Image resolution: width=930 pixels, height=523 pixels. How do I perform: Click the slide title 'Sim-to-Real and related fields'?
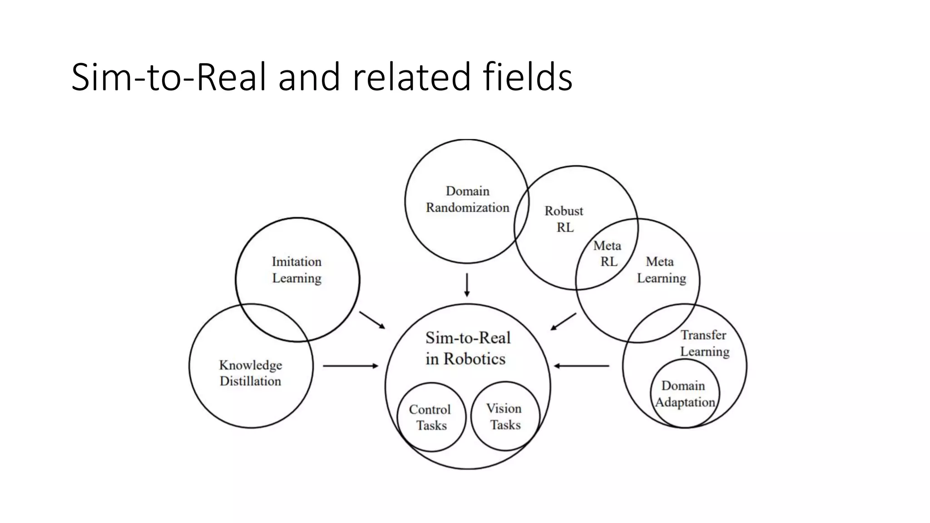click(322, 77)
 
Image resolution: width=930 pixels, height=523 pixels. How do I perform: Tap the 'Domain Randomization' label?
click(467, 199)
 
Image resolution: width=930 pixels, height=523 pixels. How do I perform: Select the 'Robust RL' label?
click(564, 219)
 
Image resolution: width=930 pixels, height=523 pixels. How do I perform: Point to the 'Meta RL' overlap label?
click(608, 253)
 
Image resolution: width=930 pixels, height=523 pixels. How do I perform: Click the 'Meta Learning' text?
click(661, 270)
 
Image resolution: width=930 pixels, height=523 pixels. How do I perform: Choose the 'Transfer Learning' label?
click(704, 343)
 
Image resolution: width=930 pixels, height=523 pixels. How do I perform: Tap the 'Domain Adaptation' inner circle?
click(685, 394)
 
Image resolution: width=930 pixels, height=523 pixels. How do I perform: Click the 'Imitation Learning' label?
click(297, 270)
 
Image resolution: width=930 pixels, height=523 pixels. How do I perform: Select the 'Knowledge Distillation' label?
click(250, 373)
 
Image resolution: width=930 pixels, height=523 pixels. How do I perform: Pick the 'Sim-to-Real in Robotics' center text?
click(467, 348)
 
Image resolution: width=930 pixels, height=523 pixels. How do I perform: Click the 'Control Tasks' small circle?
click(431, 417)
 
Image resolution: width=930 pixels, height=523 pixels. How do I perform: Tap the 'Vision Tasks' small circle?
click(505, 416)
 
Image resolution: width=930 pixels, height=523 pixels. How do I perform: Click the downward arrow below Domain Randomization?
click(467, 285)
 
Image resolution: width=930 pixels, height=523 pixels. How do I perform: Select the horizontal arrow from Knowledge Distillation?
click(350, 365)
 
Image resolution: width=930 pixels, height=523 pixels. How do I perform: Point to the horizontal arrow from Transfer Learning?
click(582, 365)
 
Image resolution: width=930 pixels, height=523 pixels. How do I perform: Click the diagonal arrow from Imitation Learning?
click(372, 320)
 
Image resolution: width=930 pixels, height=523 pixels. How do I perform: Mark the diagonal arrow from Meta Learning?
click(563, 321)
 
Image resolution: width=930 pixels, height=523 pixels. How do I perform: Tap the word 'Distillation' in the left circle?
click(250, 381)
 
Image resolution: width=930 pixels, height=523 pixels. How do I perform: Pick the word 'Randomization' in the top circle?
click(467, 207)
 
